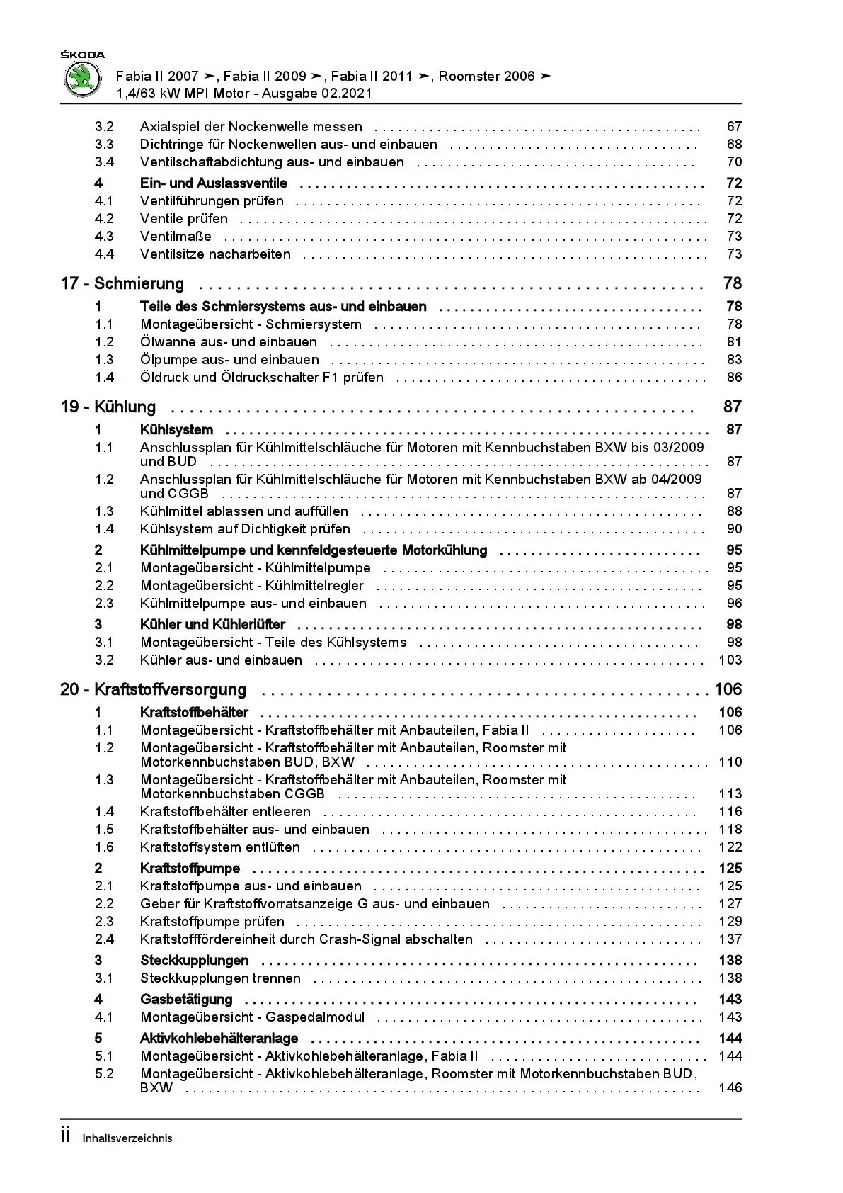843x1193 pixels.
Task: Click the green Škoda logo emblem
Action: coord(83,79)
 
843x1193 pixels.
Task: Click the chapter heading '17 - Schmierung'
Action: coord(122,284)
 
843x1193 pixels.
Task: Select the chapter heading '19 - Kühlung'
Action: coord(108,407)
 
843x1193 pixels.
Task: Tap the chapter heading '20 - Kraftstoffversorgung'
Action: coord(154,690)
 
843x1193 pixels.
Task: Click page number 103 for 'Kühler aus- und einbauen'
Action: coord(730,660)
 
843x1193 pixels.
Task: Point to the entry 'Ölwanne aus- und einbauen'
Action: coord(229,342)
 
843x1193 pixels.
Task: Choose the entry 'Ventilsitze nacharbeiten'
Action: coord(215,254)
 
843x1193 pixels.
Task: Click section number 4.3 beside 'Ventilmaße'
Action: coord(104,237)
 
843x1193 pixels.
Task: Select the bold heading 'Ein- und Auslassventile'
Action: coord(214,183)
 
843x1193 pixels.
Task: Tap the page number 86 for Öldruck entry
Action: coord(734,378)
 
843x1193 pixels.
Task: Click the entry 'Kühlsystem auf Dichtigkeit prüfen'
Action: coord(245,529)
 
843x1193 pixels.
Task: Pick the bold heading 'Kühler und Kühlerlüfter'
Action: coord(213,625)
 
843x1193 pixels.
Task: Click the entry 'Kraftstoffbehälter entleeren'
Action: coord(225,812)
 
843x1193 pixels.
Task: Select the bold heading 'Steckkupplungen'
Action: coord(195,961)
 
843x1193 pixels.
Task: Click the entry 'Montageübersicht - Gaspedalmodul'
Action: coord(253,1017)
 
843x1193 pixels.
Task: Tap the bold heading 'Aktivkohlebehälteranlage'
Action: coord(219,1039)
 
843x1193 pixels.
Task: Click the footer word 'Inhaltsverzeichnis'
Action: coord(127,1138)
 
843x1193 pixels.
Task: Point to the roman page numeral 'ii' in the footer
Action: coord(65,1136)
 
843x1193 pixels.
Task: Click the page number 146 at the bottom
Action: coord(730,1088)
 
